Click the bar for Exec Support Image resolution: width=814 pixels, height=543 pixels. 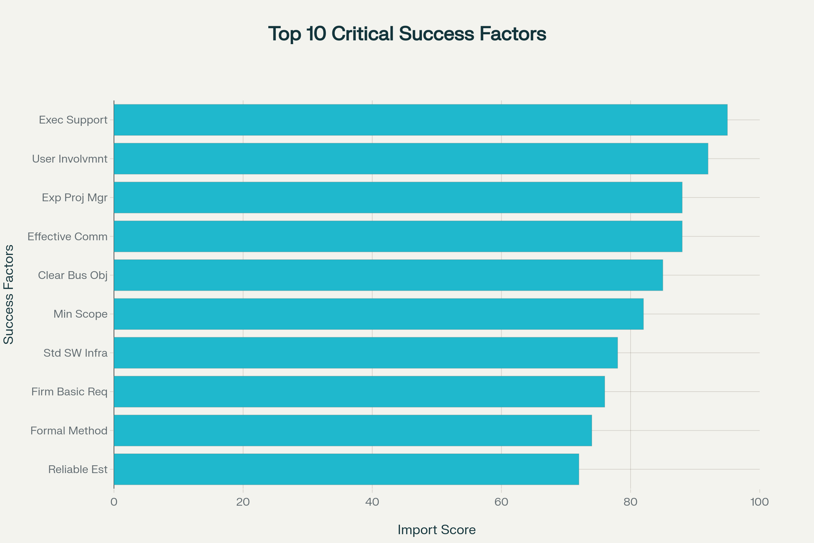click(421, 120)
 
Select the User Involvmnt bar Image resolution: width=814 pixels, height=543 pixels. click(411, 158)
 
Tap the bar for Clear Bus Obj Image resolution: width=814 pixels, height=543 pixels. click(388, 275)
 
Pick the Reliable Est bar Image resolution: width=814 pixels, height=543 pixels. click(346, 469)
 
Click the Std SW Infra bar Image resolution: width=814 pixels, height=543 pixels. click(366, 353)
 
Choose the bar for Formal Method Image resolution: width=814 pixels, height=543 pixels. click(353, 430)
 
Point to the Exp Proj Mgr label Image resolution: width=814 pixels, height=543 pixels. click(74, 198)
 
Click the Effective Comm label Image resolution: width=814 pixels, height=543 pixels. click(67, 237)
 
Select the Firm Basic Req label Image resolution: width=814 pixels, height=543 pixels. click(69, 392)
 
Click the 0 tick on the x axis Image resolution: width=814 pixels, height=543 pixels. click(114, 502)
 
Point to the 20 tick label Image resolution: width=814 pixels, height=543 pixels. click(243, 502)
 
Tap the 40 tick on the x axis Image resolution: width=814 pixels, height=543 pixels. click(372, 502)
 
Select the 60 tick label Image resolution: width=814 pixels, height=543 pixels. click(501, 502)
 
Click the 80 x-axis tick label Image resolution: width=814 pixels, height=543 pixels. click(630, 502)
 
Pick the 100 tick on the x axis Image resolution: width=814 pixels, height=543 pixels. click(759, 502)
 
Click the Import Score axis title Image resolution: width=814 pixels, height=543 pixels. click(437, 530)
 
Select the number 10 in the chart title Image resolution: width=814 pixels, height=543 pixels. click(316, 34)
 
